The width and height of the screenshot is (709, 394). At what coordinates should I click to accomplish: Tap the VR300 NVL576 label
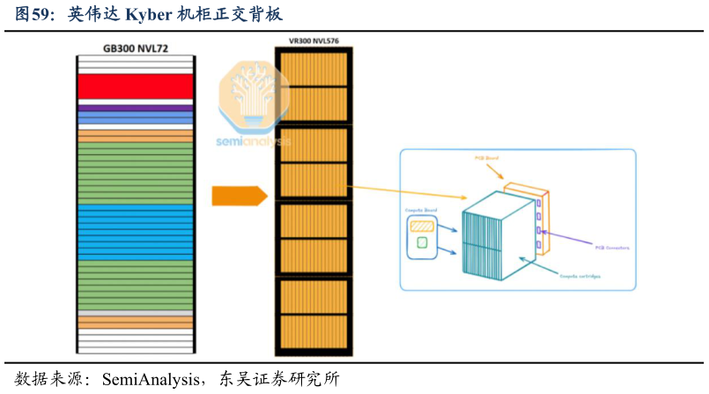(314, 41)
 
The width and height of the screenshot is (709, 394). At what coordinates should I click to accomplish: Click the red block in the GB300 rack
(135, 85)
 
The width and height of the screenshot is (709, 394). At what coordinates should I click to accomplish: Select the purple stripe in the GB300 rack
(135, 108)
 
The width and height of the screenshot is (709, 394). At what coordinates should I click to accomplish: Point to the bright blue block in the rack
(135, 232)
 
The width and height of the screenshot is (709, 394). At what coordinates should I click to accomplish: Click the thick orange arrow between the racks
(239, 196)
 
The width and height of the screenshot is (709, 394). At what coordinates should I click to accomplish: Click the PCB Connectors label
(612, 248)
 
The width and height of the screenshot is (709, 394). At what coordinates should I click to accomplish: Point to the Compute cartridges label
(581, 275)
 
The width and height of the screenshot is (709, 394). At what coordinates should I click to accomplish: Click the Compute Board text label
(420, 210)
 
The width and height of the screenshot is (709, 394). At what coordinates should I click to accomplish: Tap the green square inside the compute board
(422, 242)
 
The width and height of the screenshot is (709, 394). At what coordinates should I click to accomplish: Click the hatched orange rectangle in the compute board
(422, 225)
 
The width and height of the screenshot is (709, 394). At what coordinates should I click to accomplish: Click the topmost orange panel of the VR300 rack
(314, 67)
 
